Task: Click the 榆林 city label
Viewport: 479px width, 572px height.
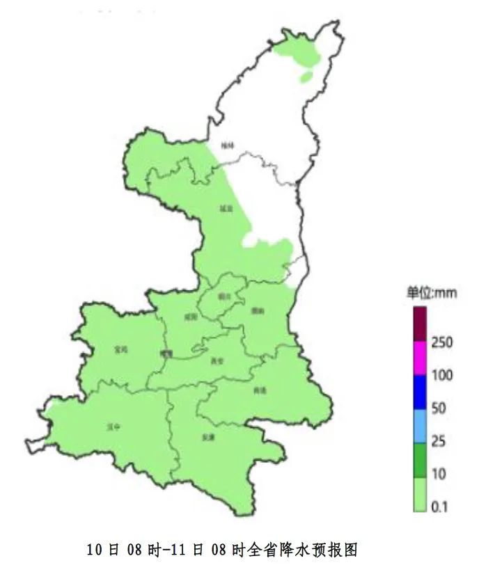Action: point(227,145)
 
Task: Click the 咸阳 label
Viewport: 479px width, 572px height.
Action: point(191,316)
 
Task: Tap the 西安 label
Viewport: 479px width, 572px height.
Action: point(217,360)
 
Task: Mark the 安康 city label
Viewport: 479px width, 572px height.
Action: point(207,437)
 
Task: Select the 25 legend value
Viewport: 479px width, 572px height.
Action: point(439,441)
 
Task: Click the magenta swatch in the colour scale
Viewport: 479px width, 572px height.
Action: point(419,358)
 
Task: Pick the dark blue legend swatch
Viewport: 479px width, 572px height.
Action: point(419,391)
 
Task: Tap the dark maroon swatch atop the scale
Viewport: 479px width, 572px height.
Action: point(419,324)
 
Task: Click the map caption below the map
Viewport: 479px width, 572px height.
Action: point(222,550)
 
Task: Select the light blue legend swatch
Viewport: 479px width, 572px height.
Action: point(419,424)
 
